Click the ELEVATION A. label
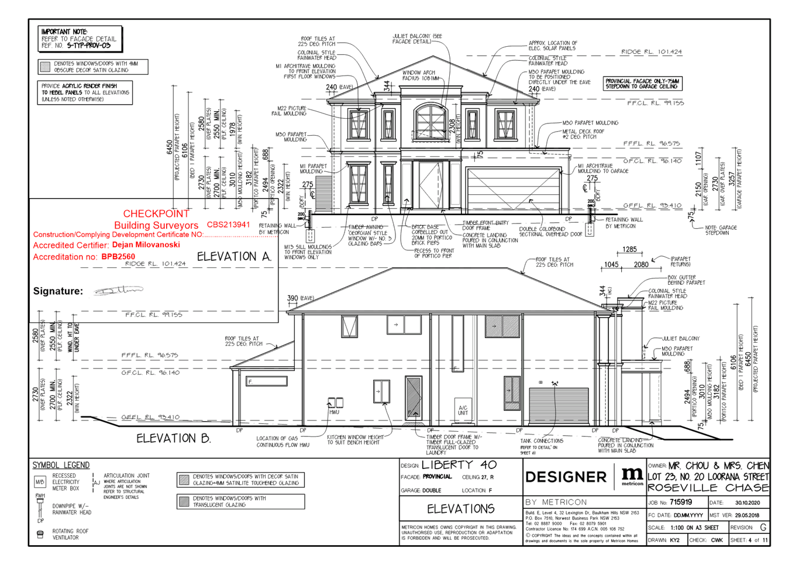[x=235, y=256]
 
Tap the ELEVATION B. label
[x=173, y=438]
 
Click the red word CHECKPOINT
[x=156, y=213]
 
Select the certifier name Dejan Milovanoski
[x=146, y=244]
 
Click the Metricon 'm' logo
[x=632, y=475]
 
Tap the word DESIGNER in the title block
[x=566, y=477]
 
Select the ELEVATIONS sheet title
[x=461, y=509]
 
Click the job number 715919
[x=681, y=502]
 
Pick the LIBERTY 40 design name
[x=459, y=465]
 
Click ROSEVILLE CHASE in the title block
[x=708, y=488]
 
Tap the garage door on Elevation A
[x=514, y=188]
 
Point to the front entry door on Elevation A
[x=431, y=185]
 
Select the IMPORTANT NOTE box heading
[x=64, y=32]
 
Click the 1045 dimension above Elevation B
[x=611, y=264]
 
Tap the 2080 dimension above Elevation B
[x=640, y=264]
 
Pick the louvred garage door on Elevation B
[x=559, y=405]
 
